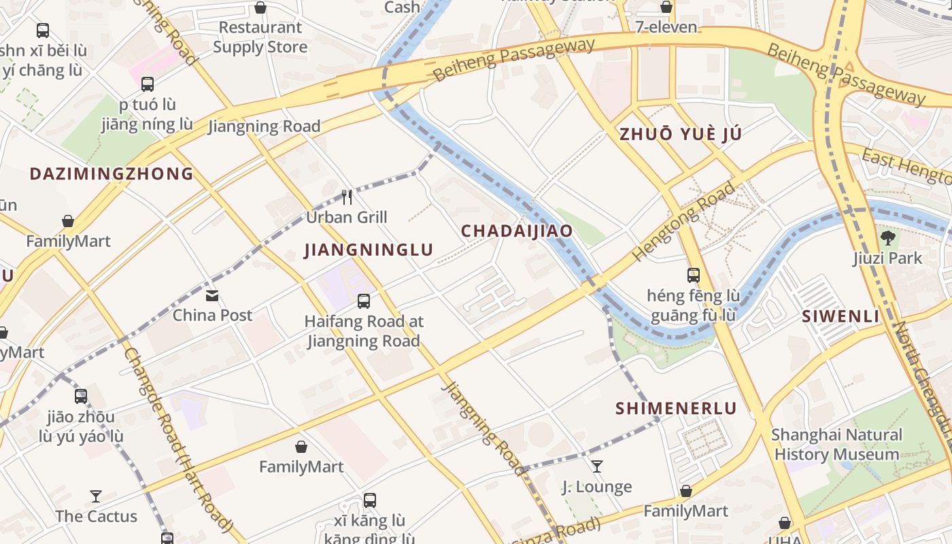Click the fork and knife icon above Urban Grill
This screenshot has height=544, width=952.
[347, 197]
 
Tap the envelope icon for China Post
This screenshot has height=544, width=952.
[212, 296]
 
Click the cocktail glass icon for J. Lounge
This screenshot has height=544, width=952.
[596, 466]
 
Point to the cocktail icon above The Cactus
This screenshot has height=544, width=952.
[96, 496]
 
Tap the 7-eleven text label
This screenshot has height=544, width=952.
[666, 27]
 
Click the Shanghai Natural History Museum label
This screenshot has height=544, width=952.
[836, 445]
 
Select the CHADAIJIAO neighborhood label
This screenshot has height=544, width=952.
[517, 231]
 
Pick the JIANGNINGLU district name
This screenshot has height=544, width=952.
[369, 250]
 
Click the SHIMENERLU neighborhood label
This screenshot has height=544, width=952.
[676, 409]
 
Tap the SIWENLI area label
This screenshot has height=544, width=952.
[840, 316]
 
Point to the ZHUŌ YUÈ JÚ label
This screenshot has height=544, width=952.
[680, 135]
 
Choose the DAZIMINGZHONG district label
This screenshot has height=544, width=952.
[112, 174]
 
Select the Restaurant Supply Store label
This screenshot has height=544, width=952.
[260, 37]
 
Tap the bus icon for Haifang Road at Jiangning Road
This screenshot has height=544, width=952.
[364, 301]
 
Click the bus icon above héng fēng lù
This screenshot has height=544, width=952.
[693, 275]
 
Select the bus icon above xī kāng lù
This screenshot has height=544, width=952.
[370, 500]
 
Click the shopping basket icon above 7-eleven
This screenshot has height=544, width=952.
[666, 7]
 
